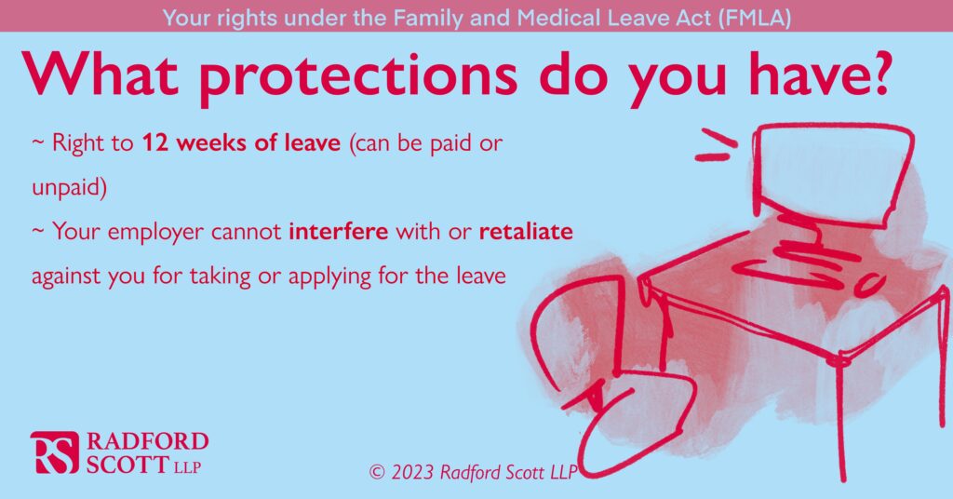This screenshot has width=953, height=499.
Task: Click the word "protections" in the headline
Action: [358, 75]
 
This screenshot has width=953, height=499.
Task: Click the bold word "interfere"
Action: [338, 232]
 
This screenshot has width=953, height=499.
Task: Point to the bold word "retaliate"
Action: [526, 232]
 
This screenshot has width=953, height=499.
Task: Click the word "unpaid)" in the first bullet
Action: [69, 188]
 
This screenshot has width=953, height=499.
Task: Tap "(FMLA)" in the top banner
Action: [754, 18]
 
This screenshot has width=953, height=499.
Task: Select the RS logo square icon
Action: [55, 452]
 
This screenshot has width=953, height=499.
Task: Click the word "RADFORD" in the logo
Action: [147, 441]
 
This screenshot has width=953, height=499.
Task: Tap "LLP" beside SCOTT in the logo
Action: [187, 467]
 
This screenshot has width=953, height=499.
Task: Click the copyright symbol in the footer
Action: [377, 472]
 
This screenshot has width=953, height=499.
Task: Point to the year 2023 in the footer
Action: [412, 472]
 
